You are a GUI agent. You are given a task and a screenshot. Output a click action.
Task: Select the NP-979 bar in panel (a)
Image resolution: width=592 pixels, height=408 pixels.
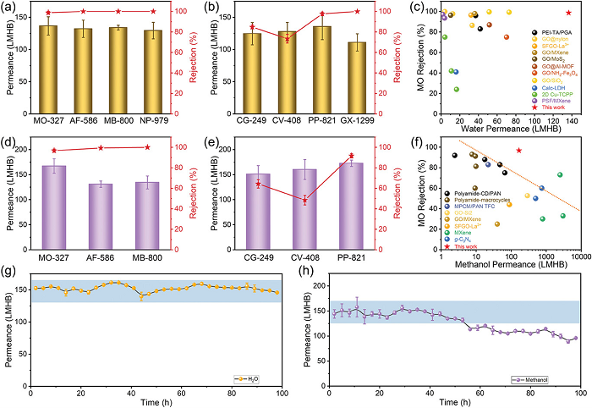152,74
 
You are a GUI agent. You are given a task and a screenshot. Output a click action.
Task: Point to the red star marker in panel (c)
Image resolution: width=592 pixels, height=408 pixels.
567,13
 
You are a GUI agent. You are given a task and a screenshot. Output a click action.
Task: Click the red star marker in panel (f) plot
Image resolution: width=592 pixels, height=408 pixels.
518,151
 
